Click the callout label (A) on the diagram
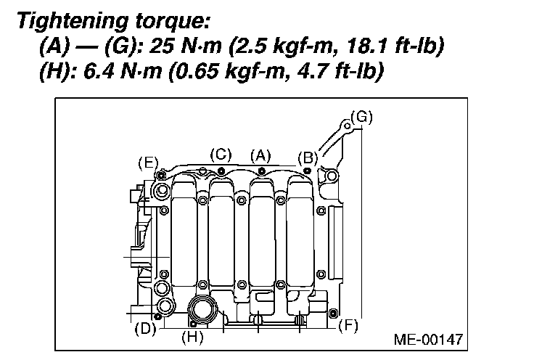260,156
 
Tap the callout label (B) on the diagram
308,158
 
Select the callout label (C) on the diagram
221,155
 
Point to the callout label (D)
145,329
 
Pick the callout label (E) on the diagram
149,163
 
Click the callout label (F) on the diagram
348,326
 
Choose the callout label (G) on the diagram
361,117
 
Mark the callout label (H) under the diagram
192,337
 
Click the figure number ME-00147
428,339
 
